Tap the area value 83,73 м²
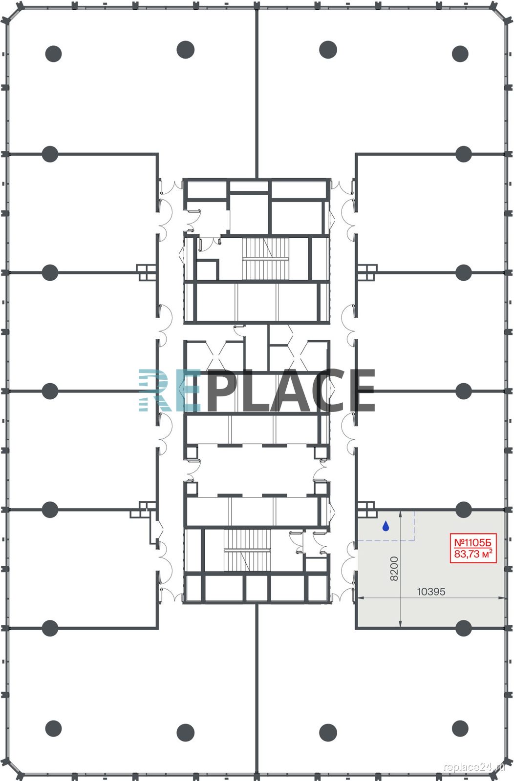click(x=473, y=554)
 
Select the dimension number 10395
click(x=431, y=592)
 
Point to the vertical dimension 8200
click(x=394, y=569)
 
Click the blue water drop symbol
click(x=385, y=526)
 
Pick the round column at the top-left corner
click(x=53, y=54)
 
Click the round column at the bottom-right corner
click(x=460, y=728)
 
